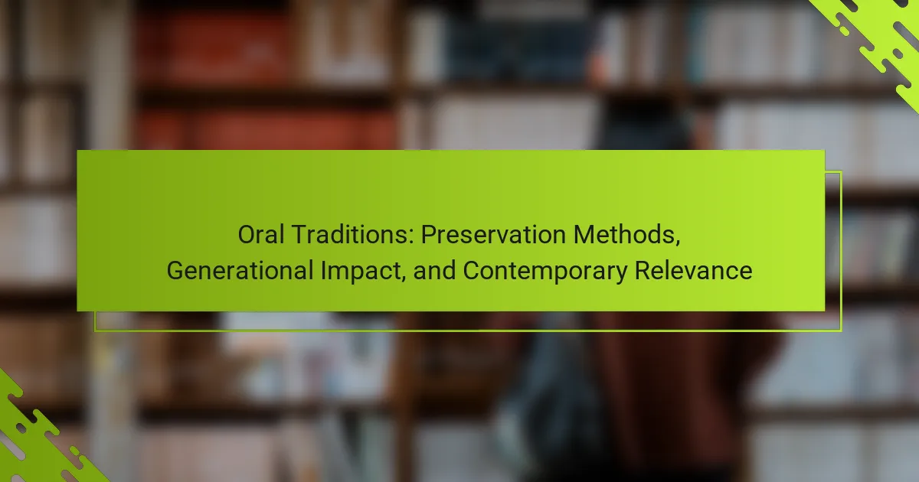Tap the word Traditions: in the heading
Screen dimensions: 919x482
pos(353,235)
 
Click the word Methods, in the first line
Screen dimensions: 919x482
pos(626,236)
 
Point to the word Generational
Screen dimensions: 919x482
pos(240,271)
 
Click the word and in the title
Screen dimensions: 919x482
pos(434,271)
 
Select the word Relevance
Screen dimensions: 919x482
pos(693,271)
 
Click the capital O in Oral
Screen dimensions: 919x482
pos(247,235)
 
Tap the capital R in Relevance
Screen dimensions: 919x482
pos(642,271)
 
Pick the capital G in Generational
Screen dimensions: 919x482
pos(175,271)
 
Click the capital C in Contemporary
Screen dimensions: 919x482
pos(472,271)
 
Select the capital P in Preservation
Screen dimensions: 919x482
pos(429,235)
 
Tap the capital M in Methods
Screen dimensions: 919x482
pos(583,235)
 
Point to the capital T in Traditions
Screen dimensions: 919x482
pos(300,235)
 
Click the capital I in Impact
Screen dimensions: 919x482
pos(324,271)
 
